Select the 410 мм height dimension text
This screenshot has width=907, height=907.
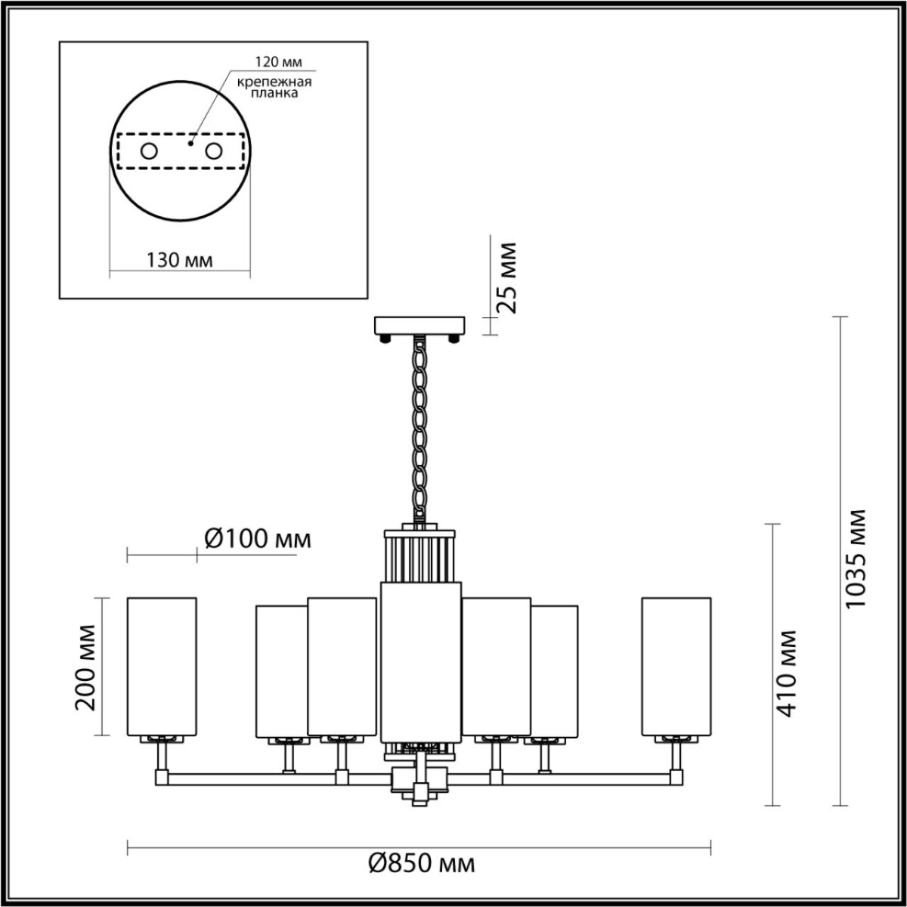click(788, 672)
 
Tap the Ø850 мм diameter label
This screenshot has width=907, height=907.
click(422, 863)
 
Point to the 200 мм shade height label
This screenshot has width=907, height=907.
click(86, 667)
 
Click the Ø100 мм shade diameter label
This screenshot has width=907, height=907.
click(258, 539)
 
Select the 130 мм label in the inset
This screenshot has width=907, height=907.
click(179, 261)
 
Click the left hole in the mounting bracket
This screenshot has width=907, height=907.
click(149, 151)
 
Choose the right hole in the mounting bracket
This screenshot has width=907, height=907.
click(215, 151)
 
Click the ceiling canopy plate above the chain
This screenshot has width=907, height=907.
click(421, 327)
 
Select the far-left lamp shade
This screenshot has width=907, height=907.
click(162, 665)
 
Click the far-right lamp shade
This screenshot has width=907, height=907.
click(676, 665)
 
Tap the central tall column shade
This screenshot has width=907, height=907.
click(421, 661)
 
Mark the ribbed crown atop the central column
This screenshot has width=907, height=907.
click(421, 556)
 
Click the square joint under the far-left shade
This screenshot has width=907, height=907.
click(162, 776)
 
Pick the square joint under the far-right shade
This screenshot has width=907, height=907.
click(675, 776)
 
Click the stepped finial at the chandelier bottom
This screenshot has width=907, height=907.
click(420, 791)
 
